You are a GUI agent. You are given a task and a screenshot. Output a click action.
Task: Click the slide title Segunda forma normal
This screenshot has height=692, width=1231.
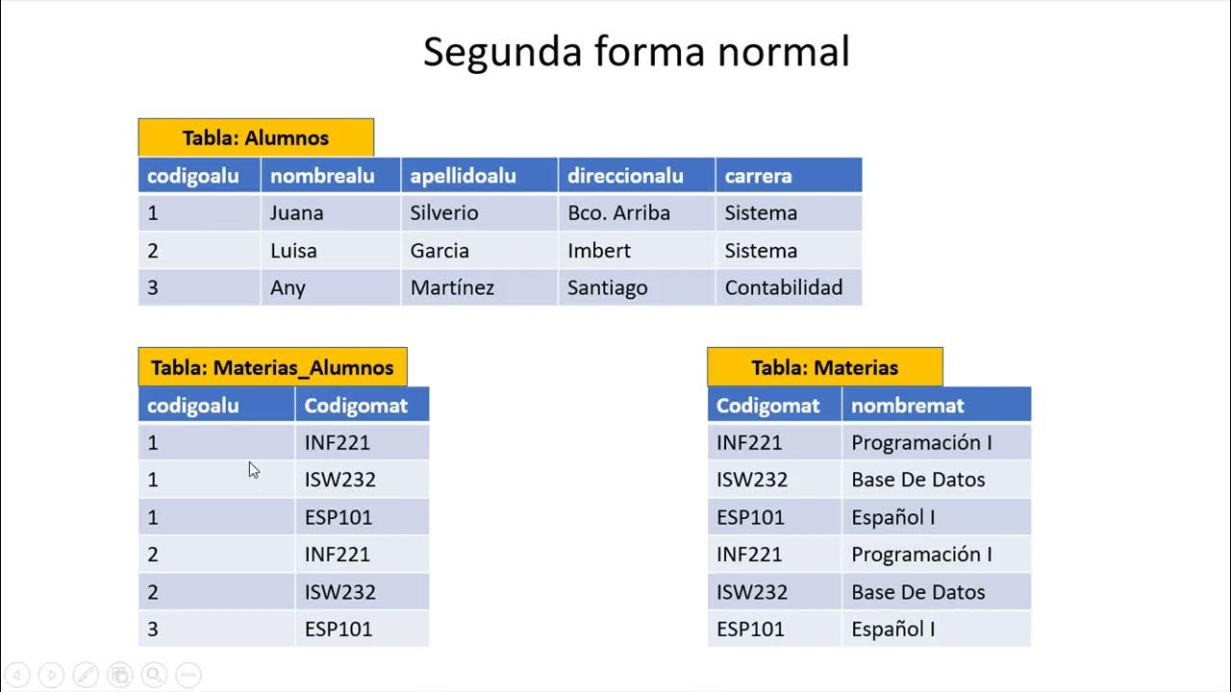[x=636, y=52]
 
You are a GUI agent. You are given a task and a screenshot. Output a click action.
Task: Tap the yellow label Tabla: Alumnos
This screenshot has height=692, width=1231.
[x=256, y=137]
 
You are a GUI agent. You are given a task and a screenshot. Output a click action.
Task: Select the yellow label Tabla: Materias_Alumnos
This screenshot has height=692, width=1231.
[x=272, y=367]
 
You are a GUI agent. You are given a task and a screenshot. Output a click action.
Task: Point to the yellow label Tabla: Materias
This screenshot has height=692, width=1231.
[x=824, y=367]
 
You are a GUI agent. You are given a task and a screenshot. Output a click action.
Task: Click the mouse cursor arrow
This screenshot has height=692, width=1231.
[x=253, y=469]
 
